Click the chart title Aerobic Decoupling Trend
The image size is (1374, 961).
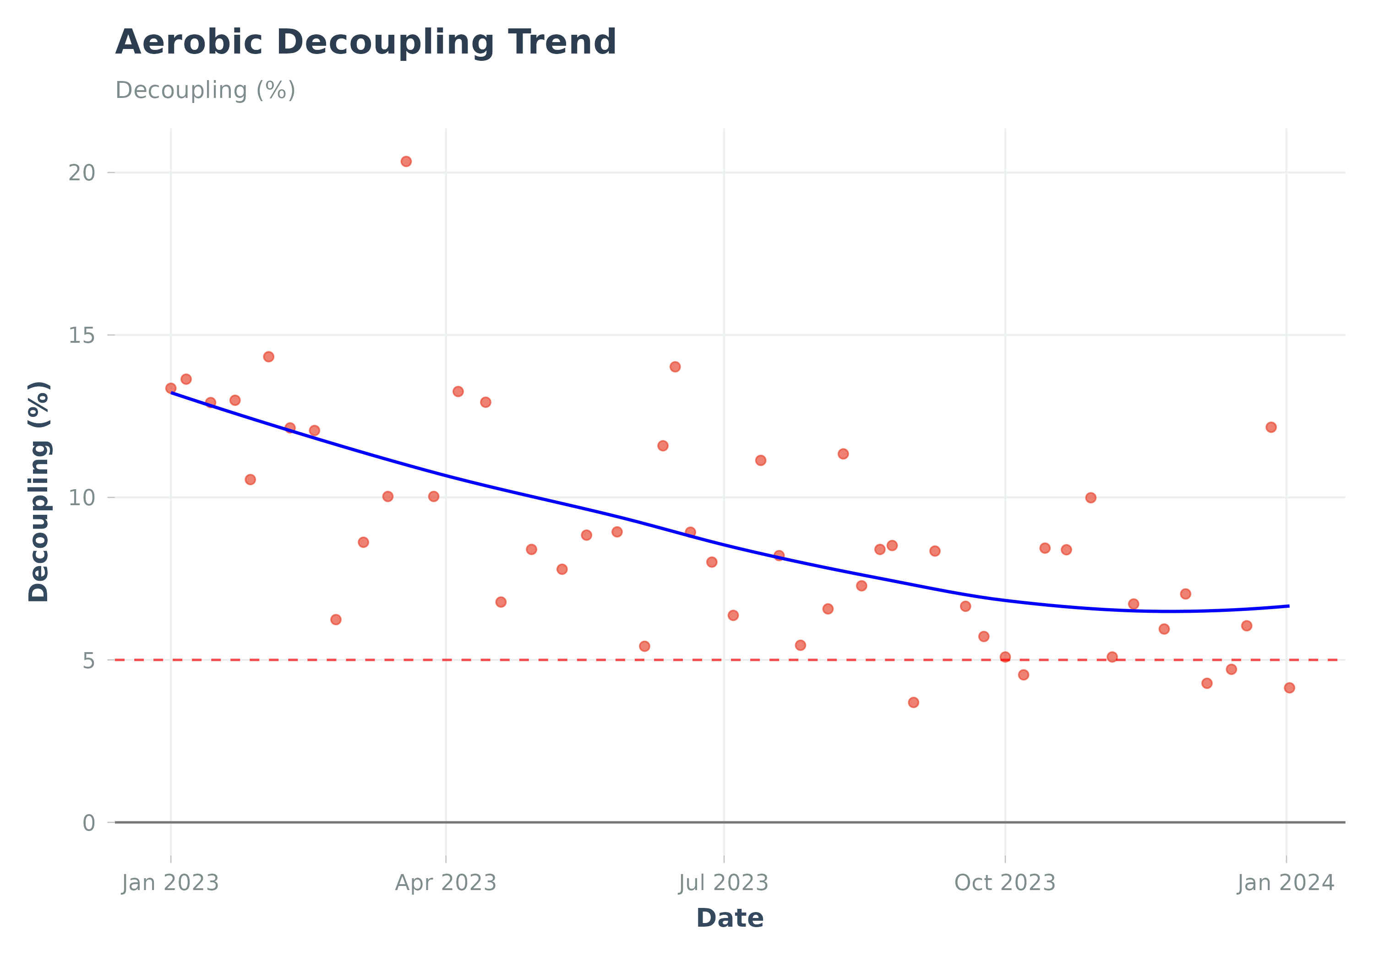[365, 43]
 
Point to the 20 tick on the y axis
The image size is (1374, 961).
[82, 173]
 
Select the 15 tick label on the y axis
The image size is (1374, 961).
[82, 335]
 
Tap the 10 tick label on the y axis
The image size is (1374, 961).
[82, 497]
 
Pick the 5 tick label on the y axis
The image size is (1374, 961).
[88, 660]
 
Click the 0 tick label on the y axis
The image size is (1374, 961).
[88, 823]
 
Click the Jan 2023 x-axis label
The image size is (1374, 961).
[170, 883]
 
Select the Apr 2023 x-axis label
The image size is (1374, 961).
[446, 883]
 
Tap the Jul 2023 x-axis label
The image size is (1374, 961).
[724, 883]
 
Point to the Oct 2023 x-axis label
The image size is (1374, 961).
[1005, 883]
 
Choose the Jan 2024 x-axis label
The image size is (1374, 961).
[1286, 883]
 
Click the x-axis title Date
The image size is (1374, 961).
[730, 918]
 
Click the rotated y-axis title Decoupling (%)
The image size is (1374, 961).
[39, 491]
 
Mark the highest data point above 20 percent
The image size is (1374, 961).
[406, 162]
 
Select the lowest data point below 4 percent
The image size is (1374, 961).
[913, 702]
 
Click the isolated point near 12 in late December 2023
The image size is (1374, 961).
[1271, 427]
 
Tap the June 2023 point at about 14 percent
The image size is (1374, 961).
[675, 367]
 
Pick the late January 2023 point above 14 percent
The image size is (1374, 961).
[269, 356]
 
